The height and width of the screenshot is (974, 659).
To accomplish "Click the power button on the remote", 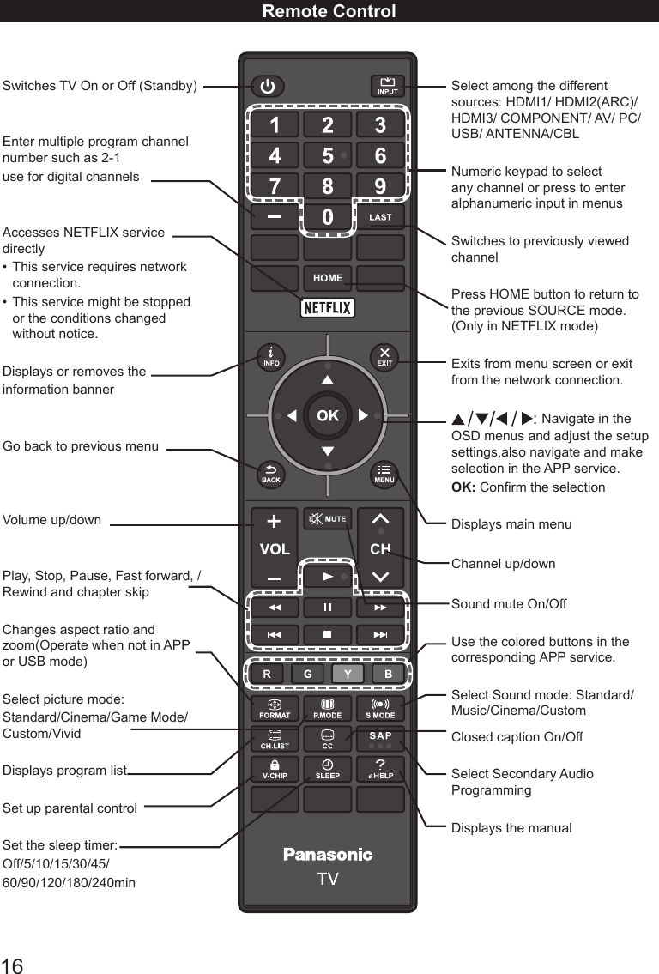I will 269,87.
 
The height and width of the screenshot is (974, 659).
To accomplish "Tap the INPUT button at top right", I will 388,87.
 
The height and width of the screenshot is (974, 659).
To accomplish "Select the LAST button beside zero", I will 380,217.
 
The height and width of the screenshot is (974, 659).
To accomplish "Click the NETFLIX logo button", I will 327,308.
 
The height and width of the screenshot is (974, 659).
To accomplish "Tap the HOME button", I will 328,278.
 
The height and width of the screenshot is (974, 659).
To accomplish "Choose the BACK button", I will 271,475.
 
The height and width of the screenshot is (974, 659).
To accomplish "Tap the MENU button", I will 384,475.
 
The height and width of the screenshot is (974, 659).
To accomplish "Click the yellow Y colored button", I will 348,675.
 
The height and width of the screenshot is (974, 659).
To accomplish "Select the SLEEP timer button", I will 328,769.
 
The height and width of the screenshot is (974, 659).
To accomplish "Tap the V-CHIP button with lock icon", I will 274,769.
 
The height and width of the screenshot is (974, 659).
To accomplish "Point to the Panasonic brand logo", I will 328,855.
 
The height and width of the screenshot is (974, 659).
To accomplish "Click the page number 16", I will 12,965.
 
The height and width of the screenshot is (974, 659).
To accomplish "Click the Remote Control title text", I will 329,11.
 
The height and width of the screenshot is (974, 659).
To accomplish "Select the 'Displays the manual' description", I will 511,828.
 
